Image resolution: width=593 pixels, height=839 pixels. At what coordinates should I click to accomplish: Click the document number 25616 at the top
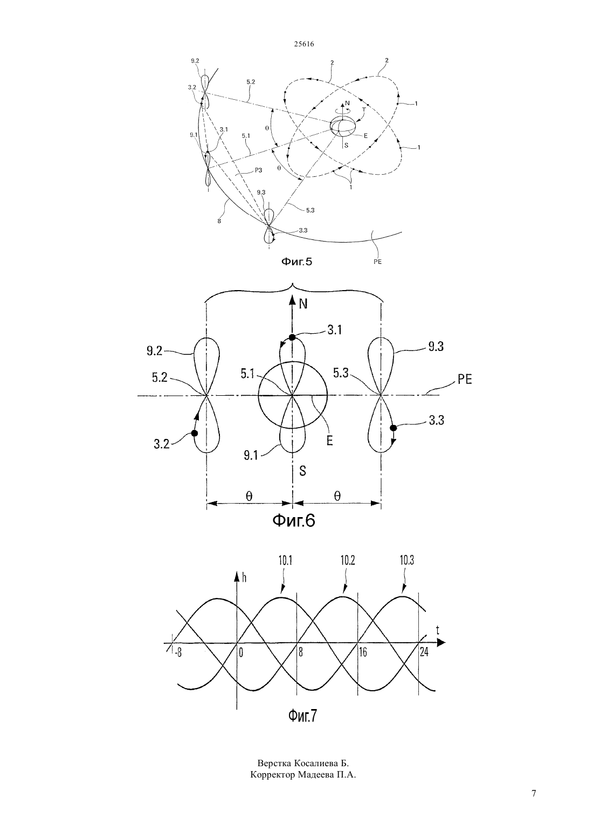click(x=304, y=44)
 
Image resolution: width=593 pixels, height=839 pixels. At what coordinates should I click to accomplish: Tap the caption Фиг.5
click(x=296, y=262)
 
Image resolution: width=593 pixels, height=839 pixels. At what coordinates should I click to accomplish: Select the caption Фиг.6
click(x=293, y=520)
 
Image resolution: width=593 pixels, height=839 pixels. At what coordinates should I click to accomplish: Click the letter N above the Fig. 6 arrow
click(x=303, y=304)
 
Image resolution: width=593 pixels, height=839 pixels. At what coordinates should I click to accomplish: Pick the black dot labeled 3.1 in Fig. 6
click(x=292, y=337)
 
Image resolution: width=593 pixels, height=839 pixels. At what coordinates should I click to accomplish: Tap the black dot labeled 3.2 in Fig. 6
click(x=194, y=433)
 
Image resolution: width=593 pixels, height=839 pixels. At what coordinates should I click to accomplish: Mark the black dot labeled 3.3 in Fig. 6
click(x=393, y=428)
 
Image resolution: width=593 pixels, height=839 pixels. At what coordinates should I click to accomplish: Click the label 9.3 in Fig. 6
click(x=436, y=347)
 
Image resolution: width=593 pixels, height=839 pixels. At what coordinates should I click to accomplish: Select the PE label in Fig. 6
click(x=465, y=380)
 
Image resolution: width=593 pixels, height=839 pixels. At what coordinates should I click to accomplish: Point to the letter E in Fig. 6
click(x=329, y=441)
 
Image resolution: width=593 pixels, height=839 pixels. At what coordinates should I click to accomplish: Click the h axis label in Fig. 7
click(x=244, y=577)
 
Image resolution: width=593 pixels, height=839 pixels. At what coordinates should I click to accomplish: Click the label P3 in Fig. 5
click(x=258, y=170)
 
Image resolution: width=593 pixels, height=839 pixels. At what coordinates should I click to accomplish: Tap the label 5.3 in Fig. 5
click(x=310, y=210)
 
